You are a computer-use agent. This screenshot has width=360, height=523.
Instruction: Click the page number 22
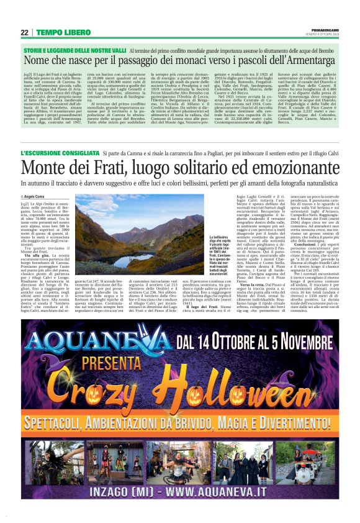[24, 32]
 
